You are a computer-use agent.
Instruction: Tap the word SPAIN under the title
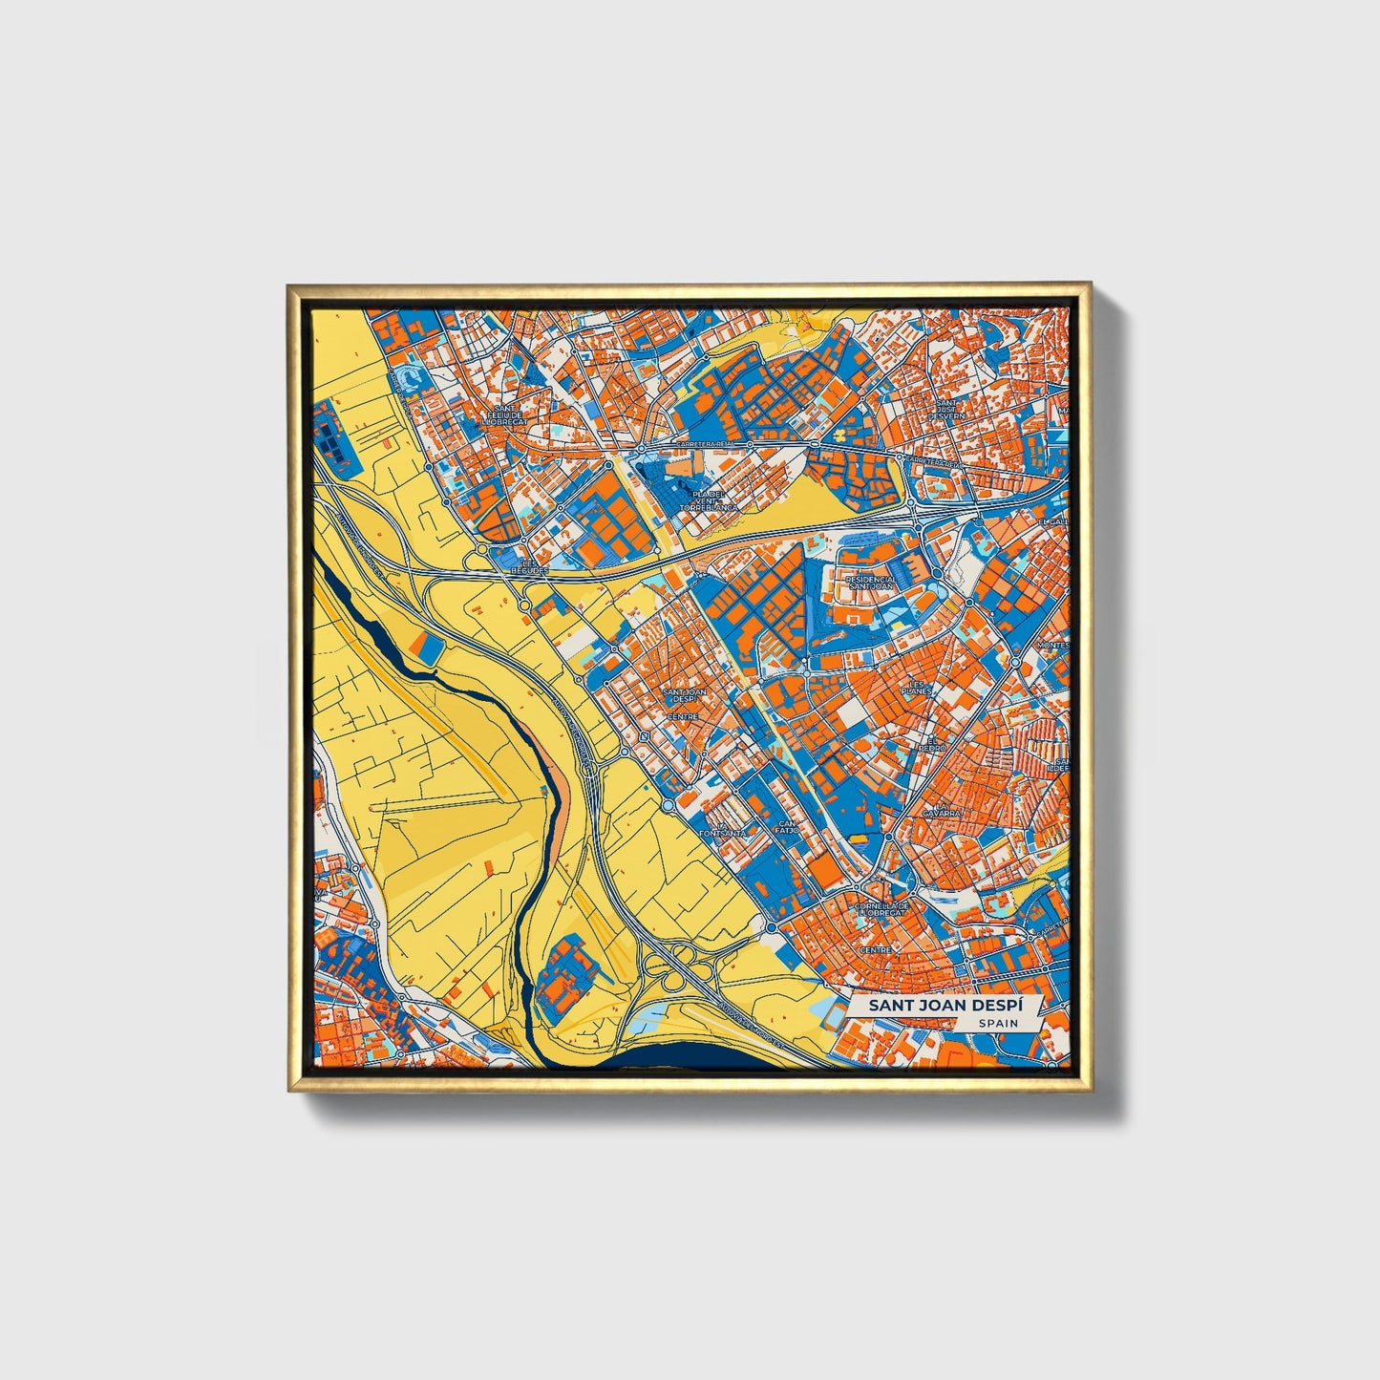[997, 1023]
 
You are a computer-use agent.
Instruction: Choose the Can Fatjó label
[787, 826]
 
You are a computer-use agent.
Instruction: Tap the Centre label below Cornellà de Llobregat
[875, 950]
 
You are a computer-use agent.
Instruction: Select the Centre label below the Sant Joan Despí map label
[683, 716]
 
